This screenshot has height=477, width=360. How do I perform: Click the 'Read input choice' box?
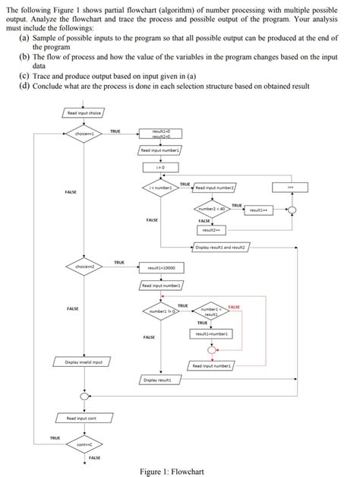81,113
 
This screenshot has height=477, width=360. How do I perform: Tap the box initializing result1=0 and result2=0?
160,134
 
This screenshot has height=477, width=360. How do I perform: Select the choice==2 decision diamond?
81,267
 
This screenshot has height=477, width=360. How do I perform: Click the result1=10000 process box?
160,268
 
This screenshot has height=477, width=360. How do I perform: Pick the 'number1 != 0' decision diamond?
162,311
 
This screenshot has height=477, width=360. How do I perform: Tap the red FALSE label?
234,305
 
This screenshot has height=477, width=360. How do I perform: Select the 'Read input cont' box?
81,419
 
